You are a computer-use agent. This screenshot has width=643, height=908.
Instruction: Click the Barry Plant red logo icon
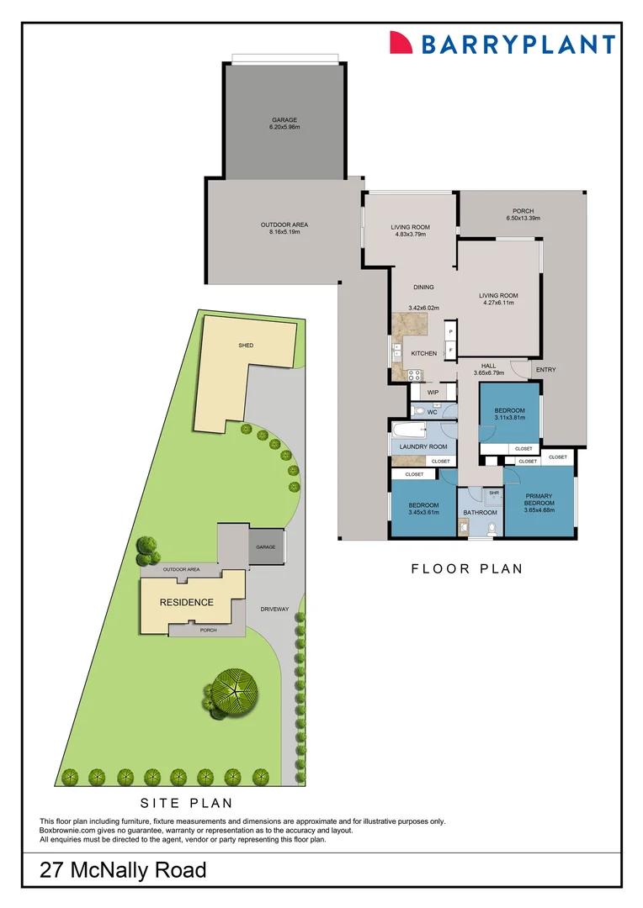[x=401, y=44]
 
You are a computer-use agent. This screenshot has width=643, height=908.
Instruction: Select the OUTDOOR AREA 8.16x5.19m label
[x=284, y=228]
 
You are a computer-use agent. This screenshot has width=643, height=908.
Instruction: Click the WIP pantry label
[x=433, y=393]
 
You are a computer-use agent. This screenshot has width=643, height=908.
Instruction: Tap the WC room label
[x=431, y=411]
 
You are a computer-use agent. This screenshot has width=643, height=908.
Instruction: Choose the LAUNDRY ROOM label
[x=423, y=446]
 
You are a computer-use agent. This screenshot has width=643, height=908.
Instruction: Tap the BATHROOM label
[x=480, y=512]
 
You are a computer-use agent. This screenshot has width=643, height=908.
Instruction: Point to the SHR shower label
[x=494, y=494]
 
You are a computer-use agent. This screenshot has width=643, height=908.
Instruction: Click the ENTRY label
[x=545, y=370]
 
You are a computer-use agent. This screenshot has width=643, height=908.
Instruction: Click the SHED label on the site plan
[x=246, y=346]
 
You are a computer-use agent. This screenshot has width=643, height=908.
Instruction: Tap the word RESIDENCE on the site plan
[x=187, y=602]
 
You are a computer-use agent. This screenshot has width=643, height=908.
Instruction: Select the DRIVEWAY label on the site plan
[x=274, y=608]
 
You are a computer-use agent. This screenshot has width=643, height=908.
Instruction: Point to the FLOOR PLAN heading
[x=466, y=569]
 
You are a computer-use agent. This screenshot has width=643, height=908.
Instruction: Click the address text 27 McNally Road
[x=123, y=870]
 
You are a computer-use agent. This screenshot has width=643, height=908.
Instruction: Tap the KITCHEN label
[x=423, y=353]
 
